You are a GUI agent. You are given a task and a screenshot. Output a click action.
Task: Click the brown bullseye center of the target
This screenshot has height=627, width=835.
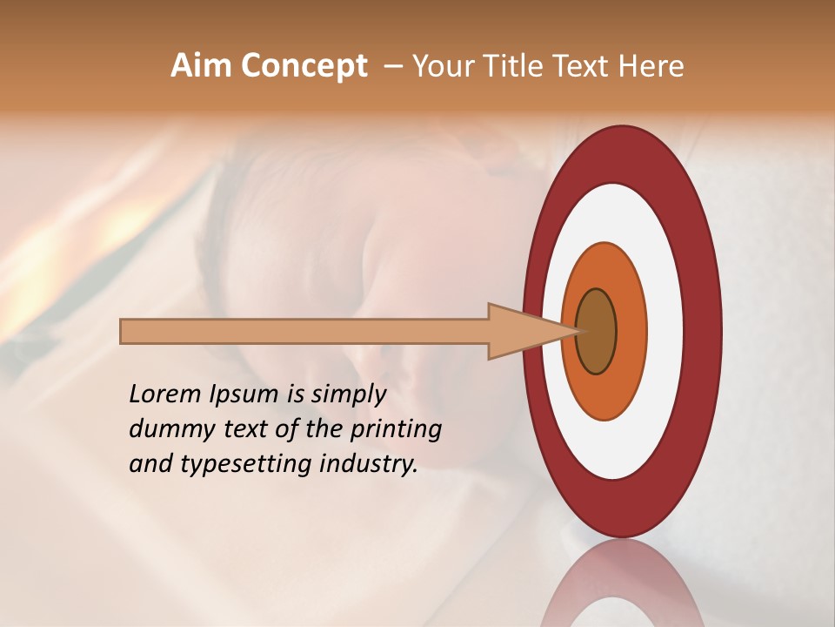coord(597,332)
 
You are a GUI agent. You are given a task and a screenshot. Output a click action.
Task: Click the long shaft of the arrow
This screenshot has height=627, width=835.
coord(304,332)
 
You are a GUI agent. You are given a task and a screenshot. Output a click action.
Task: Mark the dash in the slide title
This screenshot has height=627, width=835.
coord(393,66)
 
